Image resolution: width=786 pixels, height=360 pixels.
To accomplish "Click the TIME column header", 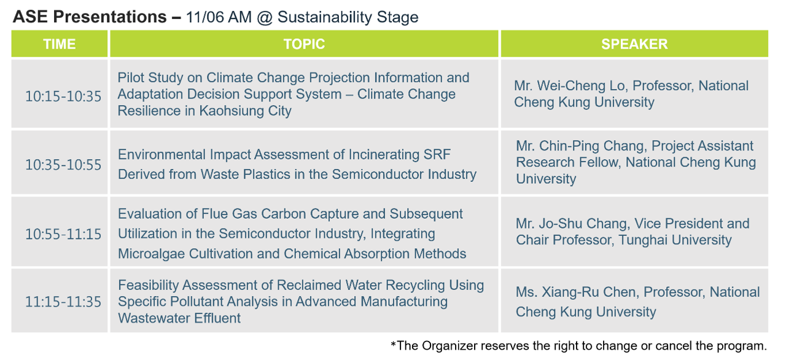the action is pos(60,44).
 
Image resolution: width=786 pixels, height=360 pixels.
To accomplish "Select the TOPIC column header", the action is pos(304,44).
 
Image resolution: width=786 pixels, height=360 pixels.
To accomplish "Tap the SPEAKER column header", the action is pos(634,44).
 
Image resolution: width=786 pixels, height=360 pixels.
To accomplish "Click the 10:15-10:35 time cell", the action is pos(63,96).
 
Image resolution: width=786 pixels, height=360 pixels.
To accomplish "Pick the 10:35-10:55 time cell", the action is pos(63,165).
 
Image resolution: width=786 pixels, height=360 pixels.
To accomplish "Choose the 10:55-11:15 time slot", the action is pos(63,234).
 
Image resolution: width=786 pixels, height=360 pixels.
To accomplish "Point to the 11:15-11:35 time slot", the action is pos(63,302).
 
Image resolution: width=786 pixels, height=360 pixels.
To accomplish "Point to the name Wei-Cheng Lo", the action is pos(581,86).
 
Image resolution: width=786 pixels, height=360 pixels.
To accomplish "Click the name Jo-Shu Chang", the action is pos(580,224).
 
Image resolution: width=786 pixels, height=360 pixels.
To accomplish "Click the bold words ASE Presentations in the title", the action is pos(90,17).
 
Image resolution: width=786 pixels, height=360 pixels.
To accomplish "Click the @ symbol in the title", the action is pos(265,18).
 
